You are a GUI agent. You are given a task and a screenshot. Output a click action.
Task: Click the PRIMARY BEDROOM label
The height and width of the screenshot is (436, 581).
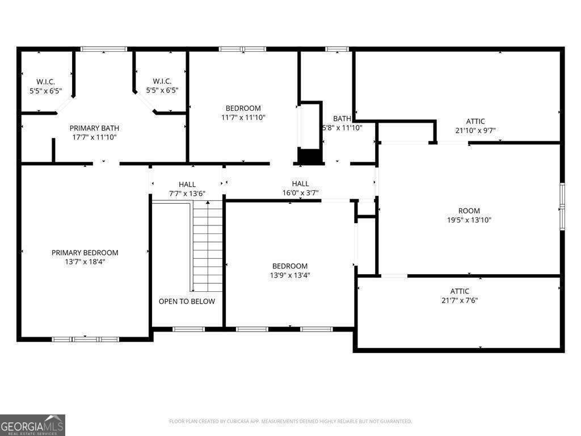click(85, 253)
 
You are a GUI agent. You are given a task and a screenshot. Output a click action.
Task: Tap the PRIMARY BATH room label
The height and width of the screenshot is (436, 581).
click(94, 128)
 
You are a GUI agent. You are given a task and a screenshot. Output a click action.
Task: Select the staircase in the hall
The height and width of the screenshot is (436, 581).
click(208, 246)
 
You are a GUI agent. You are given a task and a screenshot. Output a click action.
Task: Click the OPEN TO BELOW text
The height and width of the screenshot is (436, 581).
click(187, 301)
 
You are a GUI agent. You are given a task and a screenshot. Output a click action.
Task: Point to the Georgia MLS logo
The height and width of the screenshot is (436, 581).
click(32, 425)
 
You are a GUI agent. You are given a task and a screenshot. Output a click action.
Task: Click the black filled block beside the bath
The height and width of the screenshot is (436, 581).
click(310, 156)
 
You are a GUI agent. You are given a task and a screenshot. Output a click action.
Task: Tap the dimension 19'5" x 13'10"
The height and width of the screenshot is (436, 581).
click(469, 220)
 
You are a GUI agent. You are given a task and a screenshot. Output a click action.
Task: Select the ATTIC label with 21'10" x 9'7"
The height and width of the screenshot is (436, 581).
click(475, 121)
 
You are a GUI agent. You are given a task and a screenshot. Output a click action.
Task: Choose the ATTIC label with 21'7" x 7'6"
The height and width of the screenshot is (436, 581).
click(460, 291)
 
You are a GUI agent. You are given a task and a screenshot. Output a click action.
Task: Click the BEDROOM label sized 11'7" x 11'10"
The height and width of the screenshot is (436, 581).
click(243, 108)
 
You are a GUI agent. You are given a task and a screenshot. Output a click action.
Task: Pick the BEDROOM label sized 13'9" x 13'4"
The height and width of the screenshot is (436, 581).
click(290, 266)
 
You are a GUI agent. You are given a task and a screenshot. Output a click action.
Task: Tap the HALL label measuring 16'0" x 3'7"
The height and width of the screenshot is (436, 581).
click(300, 183)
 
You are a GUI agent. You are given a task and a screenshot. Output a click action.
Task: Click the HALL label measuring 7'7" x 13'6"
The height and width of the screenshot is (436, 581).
click(187, 185)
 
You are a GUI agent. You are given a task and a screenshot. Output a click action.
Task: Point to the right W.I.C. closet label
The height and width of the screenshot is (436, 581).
click(162, 81)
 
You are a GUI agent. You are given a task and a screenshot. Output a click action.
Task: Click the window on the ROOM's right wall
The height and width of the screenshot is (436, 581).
click(562, 207)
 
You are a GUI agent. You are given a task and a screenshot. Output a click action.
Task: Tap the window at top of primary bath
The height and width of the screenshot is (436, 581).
click(104, 49)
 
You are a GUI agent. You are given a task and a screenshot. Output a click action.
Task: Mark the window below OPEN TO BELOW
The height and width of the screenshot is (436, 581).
click(188, 329)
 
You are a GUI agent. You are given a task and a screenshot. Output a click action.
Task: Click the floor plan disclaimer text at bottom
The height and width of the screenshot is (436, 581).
click(290, 421)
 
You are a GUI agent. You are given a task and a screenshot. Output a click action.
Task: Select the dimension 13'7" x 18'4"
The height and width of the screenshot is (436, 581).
click(85, 262)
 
